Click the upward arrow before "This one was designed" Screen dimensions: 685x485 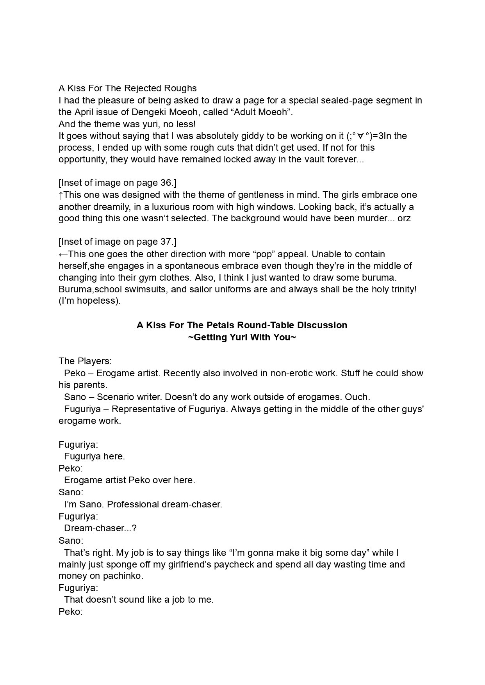coord(61,195)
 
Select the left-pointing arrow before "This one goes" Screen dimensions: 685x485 coord(63,254)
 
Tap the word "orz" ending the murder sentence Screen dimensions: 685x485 coord(404,218)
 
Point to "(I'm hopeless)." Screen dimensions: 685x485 coord(89,301)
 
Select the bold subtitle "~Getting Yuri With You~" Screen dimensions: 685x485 coord(242,337)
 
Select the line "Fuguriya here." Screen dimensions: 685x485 coord(95,456)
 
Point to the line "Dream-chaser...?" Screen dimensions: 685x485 coord(100,528)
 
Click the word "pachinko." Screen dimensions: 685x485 coord(123,576)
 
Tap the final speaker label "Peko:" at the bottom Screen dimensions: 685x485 coord(71,612)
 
